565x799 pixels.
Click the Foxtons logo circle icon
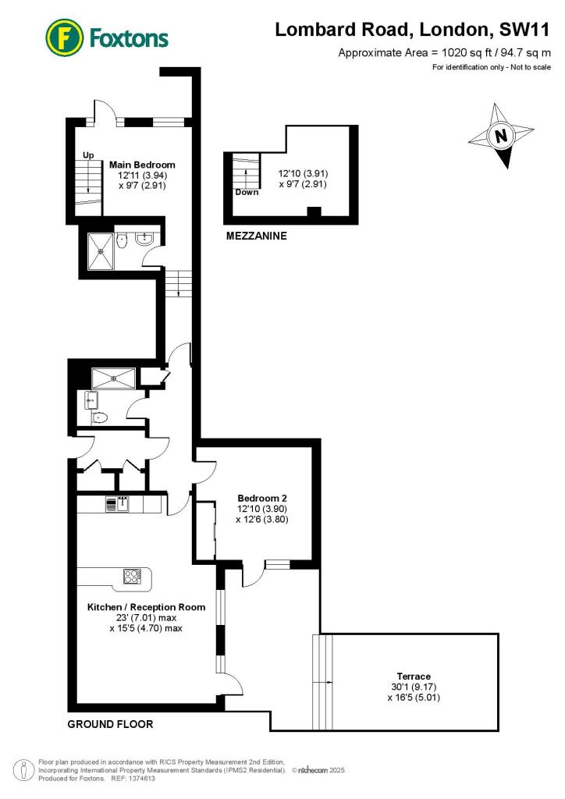[65, 37]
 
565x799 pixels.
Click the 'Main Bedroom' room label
[142, 165]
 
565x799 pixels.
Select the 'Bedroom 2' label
[263, 497]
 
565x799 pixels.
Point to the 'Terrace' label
[414, 676]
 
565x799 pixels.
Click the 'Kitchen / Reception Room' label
[146, 607]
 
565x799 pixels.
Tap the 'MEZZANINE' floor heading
[257, 235]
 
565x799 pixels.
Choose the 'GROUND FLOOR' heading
[110, 724]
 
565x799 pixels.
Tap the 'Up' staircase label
[88, 154]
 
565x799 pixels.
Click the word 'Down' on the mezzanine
[247, 192]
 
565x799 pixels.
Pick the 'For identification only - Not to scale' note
[492, 67]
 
